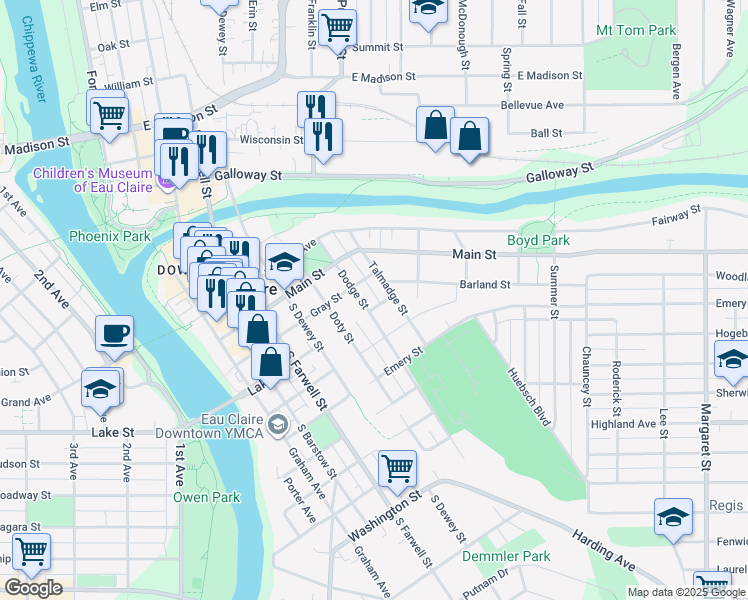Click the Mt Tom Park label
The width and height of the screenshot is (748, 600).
tap(636, 31)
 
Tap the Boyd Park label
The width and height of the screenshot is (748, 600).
tap(538, 240)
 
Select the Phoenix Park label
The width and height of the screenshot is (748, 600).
tap(109, 236)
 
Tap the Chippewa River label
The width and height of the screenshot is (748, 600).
tap(31, 60)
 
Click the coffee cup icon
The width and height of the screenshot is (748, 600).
tap(114, 333)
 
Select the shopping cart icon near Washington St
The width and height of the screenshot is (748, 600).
tap(397, 467)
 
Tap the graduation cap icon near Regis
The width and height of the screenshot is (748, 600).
tap(673, 517)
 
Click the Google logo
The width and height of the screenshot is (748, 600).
tap(33, 588)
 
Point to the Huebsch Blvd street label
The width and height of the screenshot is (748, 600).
tap(530, 394)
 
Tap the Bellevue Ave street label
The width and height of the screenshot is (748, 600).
tap(532, 104)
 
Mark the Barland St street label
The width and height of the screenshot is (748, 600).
tap(485, 284)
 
